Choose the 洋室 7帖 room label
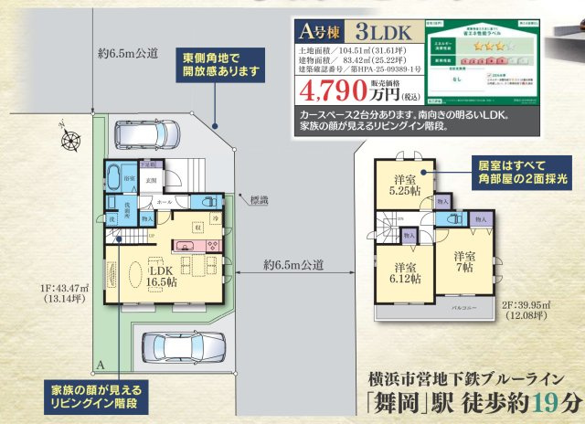click(x=463, y=261)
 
